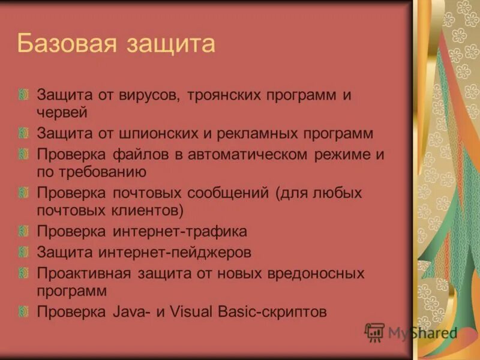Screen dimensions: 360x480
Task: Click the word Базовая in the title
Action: tap(65, 44)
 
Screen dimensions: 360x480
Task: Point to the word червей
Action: tap(63, 112)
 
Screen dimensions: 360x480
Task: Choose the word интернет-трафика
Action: tap(185, 231)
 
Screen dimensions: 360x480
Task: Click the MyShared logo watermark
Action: tap(411, 332)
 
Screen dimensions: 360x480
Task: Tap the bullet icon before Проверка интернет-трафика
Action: tap(23, 231)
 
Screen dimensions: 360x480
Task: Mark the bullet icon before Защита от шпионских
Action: tap(23, 133)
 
